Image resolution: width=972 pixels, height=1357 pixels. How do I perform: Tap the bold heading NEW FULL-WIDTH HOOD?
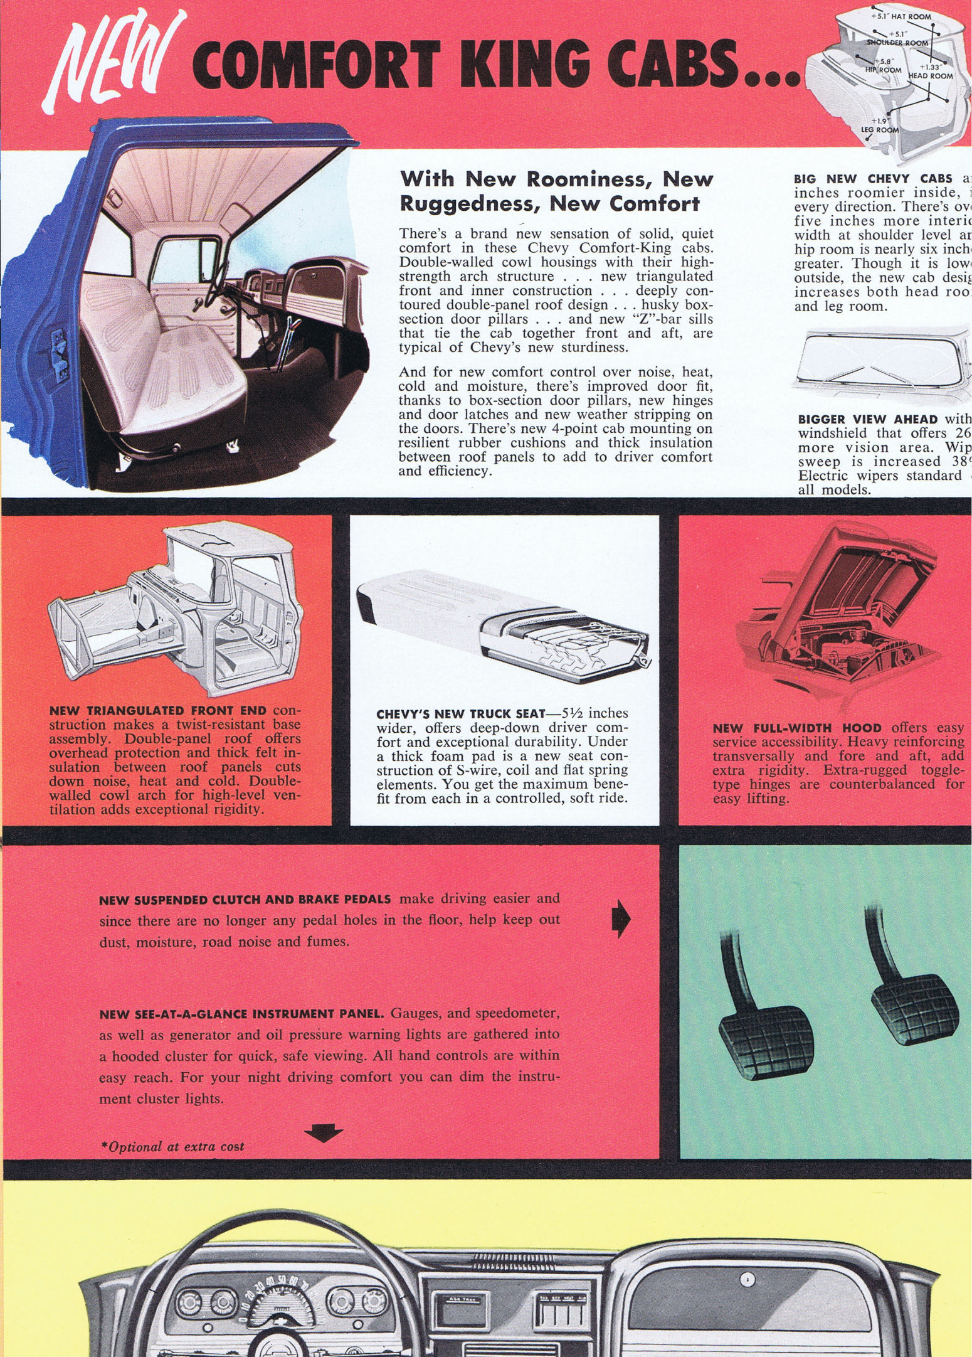tap(797, 728)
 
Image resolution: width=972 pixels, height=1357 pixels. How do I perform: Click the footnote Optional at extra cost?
tap(172, 1146)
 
